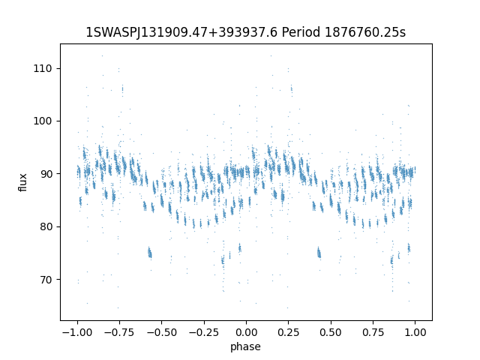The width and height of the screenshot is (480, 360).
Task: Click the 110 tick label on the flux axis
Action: [43, 68]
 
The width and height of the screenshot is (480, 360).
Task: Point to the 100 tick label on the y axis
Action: [43, 121]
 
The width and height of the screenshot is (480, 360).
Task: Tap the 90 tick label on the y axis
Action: [46, 174]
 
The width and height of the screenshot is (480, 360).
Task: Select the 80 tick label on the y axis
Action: [46, 226]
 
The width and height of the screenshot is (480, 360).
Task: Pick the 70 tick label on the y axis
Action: [46, 280]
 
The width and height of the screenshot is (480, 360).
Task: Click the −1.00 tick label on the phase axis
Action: [77, 332]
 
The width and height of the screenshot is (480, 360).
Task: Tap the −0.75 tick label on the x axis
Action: [119, 332]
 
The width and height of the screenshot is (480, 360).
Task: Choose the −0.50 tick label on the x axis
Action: [162, 332]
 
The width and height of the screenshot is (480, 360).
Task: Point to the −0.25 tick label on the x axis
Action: [204, 332]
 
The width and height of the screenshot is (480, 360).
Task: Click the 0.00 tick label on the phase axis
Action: [247, 332]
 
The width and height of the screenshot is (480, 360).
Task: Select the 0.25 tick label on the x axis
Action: [288, 332]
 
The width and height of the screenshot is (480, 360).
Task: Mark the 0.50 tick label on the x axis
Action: [331, 332]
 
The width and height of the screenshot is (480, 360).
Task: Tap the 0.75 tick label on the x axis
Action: [373, 332]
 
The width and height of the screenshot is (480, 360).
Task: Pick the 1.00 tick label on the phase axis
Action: [415, 332]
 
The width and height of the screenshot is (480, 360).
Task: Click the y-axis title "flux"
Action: [22, 182]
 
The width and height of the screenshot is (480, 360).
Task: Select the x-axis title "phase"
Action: [245, 346]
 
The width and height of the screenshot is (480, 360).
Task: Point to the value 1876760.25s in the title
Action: [365, 32]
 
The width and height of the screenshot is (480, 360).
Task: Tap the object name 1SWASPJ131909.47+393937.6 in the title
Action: [181, 32]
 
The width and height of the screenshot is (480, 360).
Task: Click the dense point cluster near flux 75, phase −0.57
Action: [149, 253]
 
